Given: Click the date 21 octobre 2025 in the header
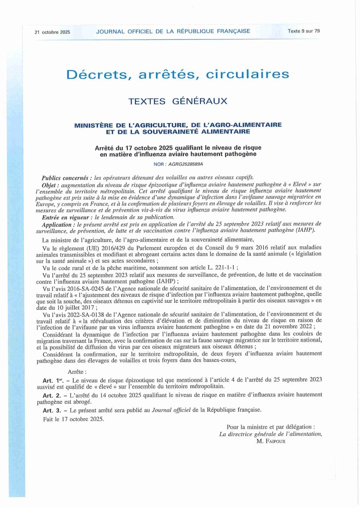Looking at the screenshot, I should coord(52,32).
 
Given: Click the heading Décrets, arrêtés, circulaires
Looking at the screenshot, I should coord(177,74).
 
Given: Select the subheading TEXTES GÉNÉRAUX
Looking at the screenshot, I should coord(177,101).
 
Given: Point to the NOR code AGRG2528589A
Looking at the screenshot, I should coord(184,164).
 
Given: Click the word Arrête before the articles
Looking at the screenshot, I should coord(77,371).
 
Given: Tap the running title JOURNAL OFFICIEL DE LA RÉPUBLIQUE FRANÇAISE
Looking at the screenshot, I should coord(173,31).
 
